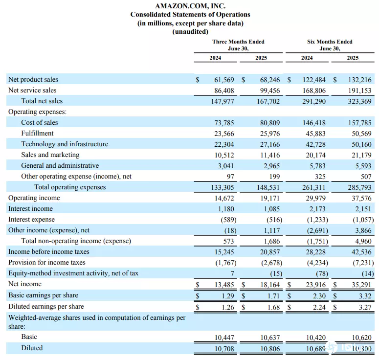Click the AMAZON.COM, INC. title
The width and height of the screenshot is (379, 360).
(x=190, y=6)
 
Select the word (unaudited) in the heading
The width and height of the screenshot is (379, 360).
(x=190, y=32)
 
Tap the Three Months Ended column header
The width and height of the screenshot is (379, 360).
(x=238, y=42)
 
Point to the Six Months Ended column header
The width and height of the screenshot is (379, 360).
(x=330, y=42)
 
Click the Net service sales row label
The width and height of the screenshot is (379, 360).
(x=32, y=90)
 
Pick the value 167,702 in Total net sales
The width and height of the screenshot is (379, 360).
(x=268, y=101)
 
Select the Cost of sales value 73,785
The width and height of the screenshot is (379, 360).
(x=224, y=123)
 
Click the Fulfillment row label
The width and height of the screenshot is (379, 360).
(x=37, y=133)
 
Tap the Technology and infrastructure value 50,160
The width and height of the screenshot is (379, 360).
(x=361, y=144)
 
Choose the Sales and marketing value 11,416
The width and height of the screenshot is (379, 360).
(x=270, y=155)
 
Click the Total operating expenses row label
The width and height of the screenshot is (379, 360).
(x=70, y=187)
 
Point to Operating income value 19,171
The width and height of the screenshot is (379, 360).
(x=270, y=198)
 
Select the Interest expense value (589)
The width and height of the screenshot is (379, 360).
(x=228, y=220)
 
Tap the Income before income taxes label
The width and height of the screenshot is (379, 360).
(x=49, y=252)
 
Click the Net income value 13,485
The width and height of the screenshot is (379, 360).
(x=224, y=285)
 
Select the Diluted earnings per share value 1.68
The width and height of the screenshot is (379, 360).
(x=274, y=307)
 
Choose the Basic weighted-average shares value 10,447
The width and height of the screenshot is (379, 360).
(x=224, y=337)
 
